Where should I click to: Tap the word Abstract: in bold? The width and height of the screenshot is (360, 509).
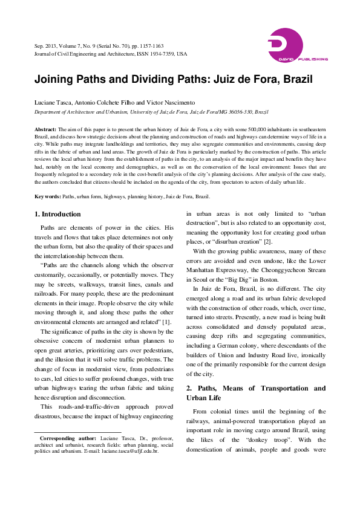click(45, 129)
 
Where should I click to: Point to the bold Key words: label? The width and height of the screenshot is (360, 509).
click(47, 163)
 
